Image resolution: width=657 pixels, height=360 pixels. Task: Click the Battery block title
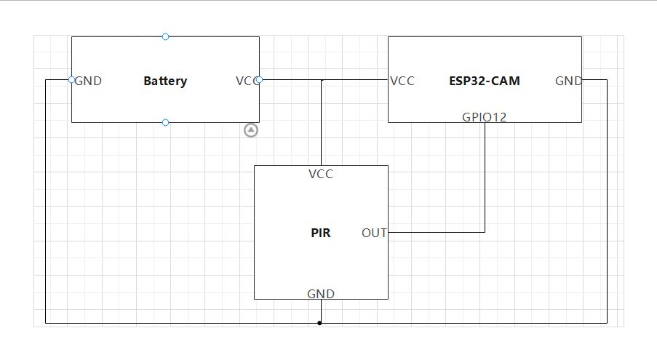click(165, 81)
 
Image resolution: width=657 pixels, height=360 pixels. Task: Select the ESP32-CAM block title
click(485, 81)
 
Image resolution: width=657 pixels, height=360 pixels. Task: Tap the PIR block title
click(321, 233)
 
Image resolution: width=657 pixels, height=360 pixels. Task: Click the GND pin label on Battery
click(88, 81)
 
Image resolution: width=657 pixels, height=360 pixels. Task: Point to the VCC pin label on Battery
click(247, 81)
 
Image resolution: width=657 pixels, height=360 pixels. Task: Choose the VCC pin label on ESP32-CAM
click(402, 81)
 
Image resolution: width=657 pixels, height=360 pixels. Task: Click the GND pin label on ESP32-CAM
click(568, 81)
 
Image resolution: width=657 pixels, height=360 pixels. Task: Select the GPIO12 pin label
click(485, 117)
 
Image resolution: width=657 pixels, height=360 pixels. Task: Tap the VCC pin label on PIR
click(321, 174)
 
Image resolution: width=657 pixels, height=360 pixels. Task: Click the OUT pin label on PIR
click(374, 233)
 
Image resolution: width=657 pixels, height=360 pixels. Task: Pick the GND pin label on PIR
click(321, 294)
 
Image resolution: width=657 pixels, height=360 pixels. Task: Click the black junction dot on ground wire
click(319, 323)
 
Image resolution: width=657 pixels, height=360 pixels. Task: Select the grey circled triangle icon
click(251, 130)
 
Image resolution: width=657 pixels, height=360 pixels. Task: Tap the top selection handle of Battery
click(165, 37)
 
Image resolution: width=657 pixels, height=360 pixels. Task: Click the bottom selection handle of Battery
click(165, 123)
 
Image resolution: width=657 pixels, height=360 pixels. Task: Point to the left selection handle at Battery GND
click(71, 79)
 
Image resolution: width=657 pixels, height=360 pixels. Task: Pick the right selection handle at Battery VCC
click(259, 79)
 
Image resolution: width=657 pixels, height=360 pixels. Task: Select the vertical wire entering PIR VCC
click(322, 123)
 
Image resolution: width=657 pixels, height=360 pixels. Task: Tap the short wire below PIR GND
click(321, 311)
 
